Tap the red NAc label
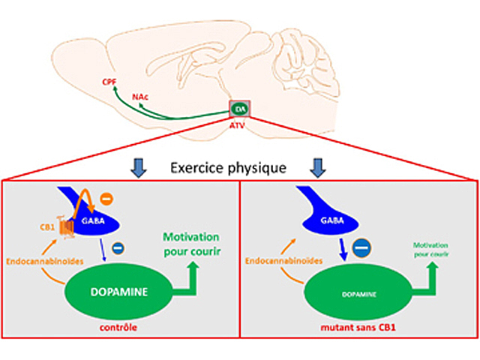point(139,97)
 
